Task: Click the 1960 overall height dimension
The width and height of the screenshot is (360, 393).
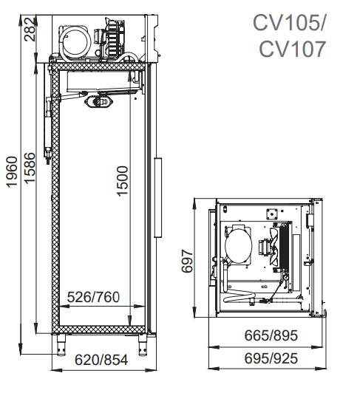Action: tap(12, 172)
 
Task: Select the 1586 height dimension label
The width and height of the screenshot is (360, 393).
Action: tap(30, 168)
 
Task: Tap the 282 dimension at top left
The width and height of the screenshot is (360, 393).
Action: tap(30, 30)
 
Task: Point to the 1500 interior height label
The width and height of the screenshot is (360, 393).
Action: tap(123, 181)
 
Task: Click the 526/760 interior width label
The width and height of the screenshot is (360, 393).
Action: tap(93, 297)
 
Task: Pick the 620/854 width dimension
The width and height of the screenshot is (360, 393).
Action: tap(101, 360)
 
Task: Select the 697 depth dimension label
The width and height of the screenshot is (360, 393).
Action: tap(187, 261)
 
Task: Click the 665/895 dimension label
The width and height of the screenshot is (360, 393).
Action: tap(271, 335)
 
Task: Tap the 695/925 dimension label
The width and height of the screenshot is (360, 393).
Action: tap(271, 358)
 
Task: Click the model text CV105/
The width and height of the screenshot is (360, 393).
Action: tap(288, 23)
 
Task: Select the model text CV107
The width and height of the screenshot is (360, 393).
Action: tap(293, 49)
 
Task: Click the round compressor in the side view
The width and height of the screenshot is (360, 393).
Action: tap(75, 41)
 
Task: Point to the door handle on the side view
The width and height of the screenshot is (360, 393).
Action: tap(157, 197)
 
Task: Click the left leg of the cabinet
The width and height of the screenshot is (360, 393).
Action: tap(61, 345)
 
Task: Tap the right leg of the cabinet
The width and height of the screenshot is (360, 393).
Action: tap(142, 345)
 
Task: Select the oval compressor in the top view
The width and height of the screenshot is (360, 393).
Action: tap(238, 246)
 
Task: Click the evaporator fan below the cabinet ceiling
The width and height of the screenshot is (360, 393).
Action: tap(100, 102)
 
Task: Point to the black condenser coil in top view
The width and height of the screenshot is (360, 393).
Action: tap(284, 247)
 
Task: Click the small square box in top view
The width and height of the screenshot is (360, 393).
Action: tap(271, 213)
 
